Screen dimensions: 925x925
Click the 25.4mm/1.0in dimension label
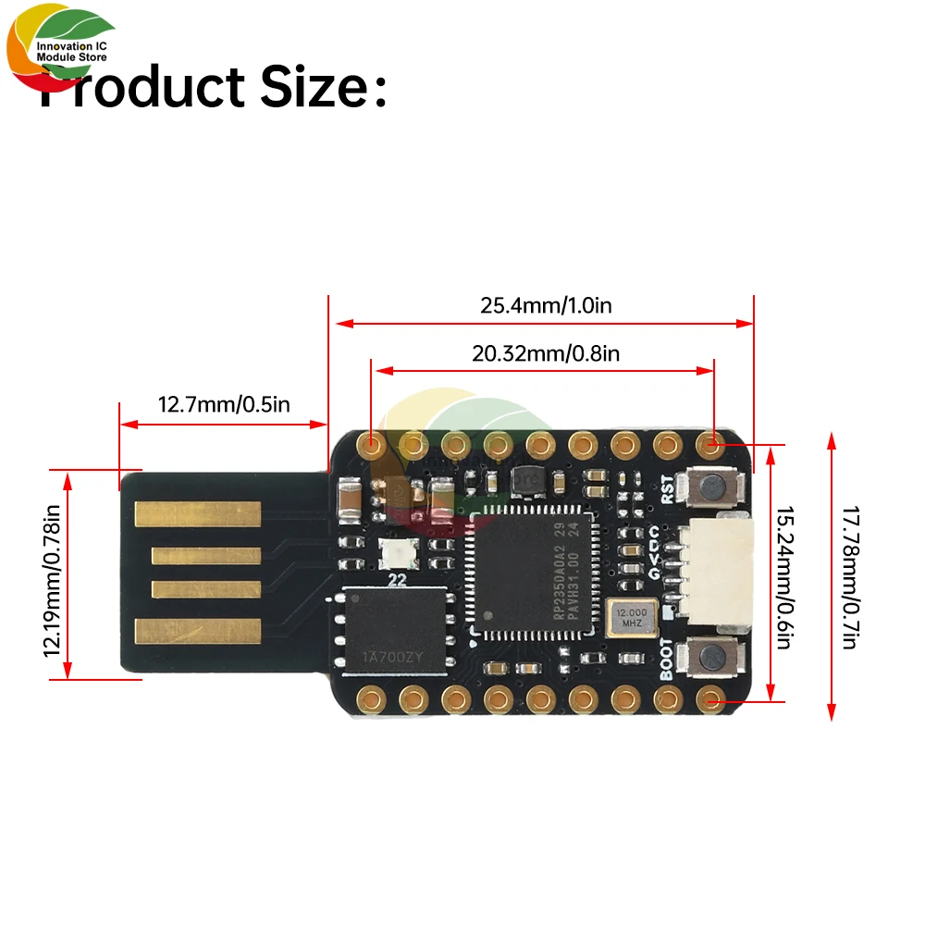click(546, 305)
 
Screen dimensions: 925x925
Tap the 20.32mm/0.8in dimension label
click(546, 353)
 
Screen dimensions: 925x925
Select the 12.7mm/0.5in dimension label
click(225, 404)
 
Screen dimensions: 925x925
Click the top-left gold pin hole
click(373, 446)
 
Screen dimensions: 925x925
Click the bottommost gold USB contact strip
click(198, 631)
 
